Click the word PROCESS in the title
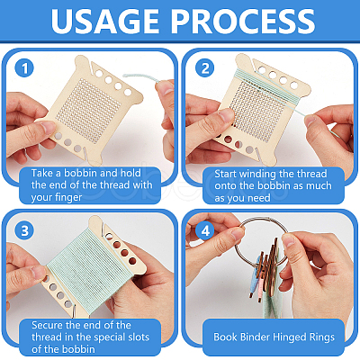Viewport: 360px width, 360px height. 243,21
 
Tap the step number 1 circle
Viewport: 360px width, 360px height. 24,68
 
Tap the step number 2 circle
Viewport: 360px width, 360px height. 205,68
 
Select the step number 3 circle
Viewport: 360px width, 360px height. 24,230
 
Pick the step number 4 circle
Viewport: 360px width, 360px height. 205,230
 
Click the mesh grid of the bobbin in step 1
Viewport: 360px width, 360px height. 88,111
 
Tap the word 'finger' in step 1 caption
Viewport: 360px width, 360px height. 68,197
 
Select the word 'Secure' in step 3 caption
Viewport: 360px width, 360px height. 47,325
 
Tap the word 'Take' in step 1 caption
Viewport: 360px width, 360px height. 42,173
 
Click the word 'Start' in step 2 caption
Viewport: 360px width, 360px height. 225,174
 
